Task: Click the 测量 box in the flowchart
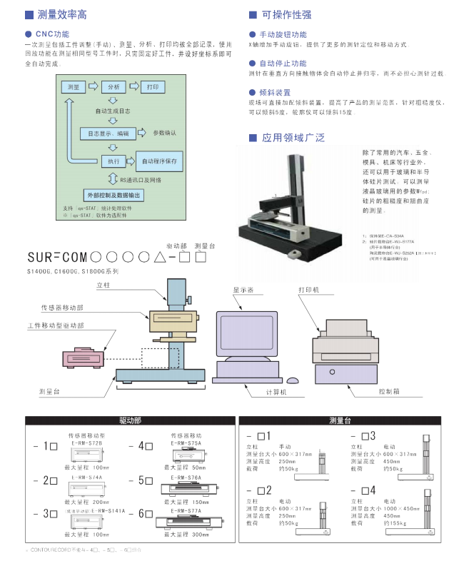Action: (x=73, y=86)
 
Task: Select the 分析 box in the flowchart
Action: (x=114, y=86)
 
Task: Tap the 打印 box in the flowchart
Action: (x=152, y=86)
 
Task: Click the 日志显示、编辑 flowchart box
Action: (x=109, y=133)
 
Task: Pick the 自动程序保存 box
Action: (x=158, y=161)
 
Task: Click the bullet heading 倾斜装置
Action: (x=275, y=93)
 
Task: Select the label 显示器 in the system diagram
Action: (x=243, y=290)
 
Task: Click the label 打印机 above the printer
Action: (x=309, y=290)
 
